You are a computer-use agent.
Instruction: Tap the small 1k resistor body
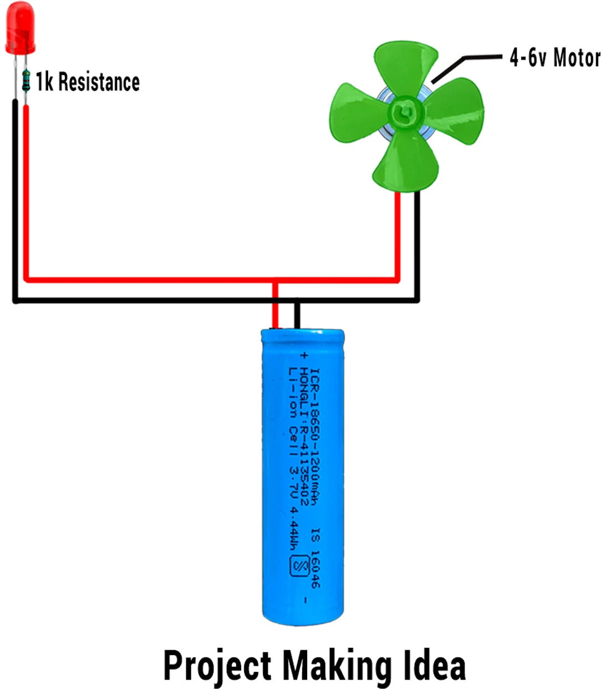[26, 80]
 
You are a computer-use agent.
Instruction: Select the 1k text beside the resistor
[44, 82]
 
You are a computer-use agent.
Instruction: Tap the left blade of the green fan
[358, 112]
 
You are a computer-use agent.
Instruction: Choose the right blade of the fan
[454, 110]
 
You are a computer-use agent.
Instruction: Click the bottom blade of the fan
[405, 161]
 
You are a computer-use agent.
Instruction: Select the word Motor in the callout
[577, 58]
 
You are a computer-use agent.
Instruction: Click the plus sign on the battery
[304, 355]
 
